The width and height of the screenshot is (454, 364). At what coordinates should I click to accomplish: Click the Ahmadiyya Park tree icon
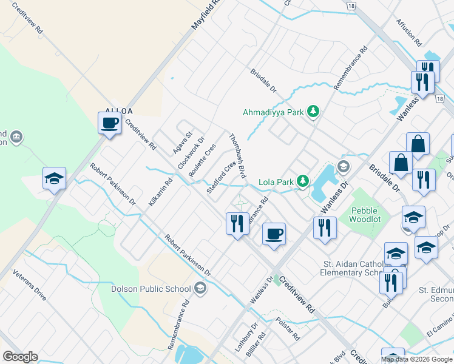click(313, 112)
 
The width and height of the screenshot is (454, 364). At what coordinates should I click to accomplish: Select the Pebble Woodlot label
click(365, 215)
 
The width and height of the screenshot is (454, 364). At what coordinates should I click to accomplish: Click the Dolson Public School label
click(151, 289)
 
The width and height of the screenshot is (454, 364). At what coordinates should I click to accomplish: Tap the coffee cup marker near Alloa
click(110, 124)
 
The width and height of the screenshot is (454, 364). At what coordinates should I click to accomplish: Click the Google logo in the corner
click(20, 357)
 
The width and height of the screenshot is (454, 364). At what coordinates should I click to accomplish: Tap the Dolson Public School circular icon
click(200, 289)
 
